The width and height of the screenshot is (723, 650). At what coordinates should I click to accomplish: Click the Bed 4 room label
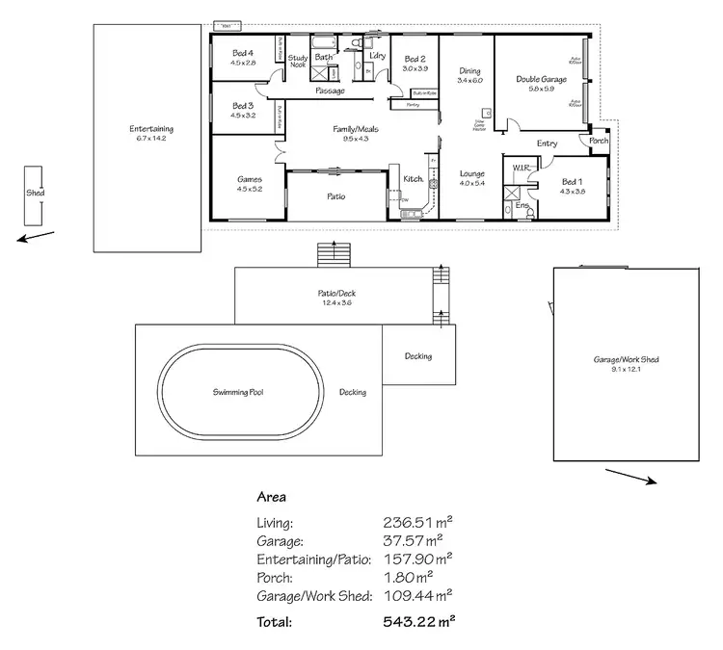click(242, 53)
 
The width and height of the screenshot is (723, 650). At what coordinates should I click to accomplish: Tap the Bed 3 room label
click(242, 106)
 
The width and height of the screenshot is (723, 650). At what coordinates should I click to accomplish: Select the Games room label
click(250, 178)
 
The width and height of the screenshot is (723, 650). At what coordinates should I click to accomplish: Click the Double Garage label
click(540, 79)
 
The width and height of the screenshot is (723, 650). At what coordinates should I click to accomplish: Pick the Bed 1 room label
click(573, 182)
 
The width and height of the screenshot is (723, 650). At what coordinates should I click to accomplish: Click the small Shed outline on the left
click(36, 193)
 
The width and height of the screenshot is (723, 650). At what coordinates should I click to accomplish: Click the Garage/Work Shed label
click(626, 359)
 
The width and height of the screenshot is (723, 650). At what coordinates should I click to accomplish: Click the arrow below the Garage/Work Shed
click(630, 477)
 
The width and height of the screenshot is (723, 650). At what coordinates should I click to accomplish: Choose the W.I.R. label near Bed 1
click(522, 168)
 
